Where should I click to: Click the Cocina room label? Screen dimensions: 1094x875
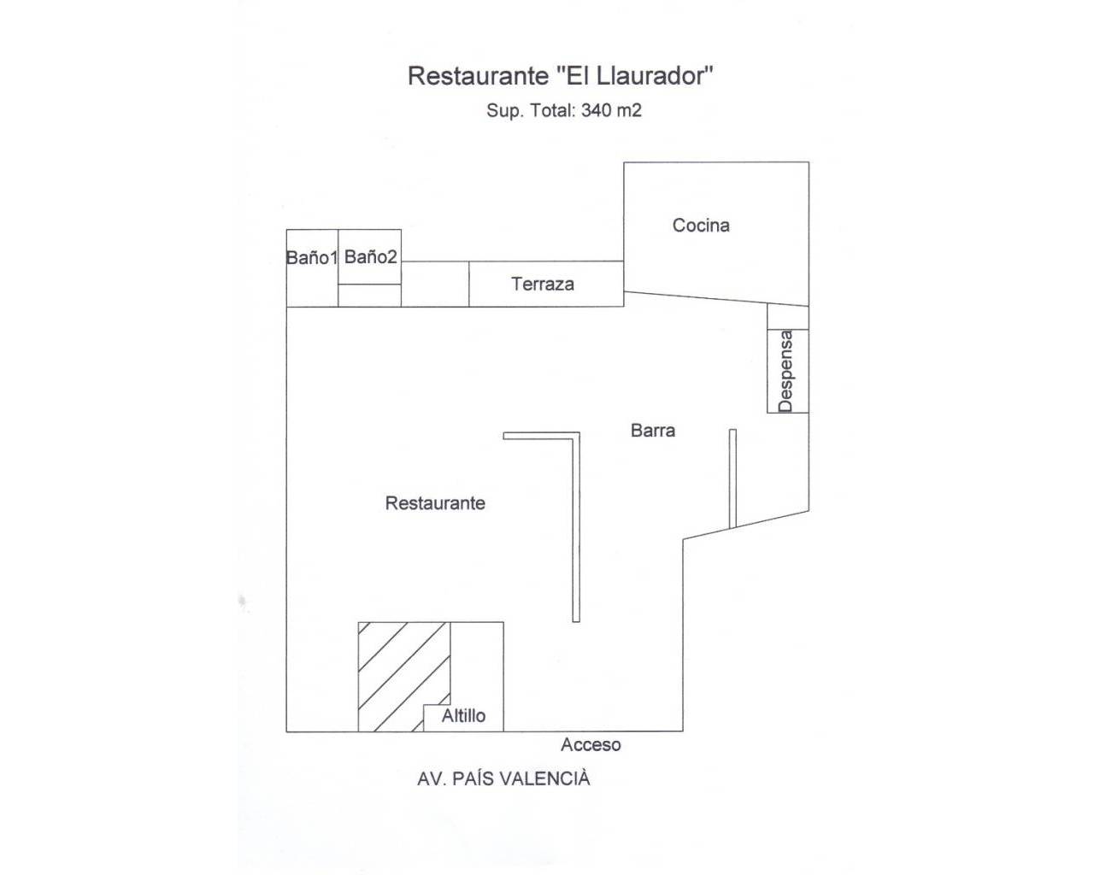701,226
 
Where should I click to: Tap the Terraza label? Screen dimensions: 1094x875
543,284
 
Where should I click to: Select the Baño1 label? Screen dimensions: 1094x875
312,258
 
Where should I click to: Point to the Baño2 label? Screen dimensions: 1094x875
370,256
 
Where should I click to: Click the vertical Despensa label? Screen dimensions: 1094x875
786,371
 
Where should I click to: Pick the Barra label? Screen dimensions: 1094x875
653,431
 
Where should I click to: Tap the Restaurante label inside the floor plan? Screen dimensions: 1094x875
435,502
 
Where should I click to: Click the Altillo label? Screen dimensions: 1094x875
463,716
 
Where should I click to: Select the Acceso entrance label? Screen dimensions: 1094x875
591,745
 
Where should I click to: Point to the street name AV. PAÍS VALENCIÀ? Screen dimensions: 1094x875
503,779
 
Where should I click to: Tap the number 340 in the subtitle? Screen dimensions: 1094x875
597,110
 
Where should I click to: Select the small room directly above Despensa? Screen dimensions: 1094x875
788,317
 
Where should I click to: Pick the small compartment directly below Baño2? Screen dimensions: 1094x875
369,296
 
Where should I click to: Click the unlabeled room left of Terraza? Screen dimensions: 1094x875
435,285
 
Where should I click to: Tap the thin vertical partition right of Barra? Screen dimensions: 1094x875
732,479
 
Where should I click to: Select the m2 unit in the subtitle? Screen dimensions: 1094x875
629,110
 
